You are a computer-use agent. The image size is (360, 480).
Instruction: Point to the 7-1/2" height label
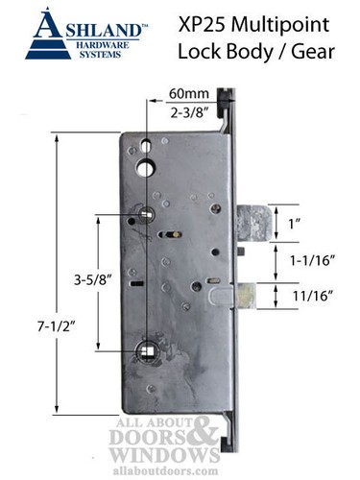tap(32, 326)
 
